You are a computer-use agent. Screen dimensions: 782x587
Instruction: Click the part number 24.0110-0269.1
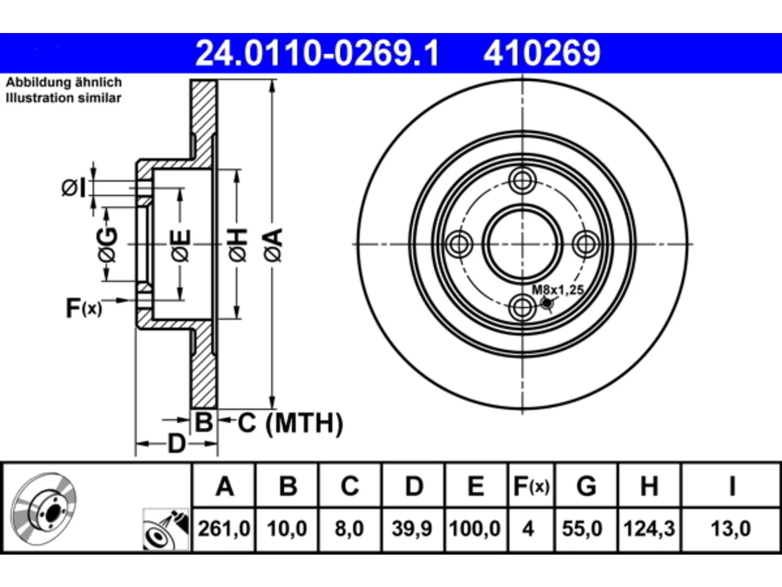tap(317, 53)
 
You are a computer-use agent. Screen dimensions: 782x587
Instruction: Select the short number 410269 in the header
tap(542, 53)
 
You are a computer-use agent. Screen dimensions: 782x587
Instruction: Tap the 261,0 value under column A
tap(224, 528)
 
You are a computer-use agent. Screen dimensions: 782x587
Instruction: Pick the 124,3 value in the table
tap(649, 528)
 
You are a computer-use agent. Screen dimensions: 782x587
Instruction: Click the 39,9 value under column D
tap(412, 528)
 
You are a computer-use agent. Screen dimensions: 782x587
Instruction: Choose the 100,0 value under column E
tap(475, 528)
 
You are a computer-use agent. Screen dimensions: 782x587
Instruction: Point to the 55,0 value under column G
tap(582, 528)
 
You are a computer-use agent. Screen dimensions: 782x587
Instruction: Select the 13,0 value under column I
tap(731, 528)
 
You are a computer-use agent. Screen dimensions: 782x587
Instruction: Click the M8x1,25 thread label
tap(558, 290)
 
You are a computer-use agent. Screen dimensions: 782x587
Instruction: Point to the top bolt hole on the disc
tap(522, 181)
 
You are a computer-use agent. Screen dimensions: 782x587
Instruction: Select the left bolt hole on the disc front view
tap(459, 244)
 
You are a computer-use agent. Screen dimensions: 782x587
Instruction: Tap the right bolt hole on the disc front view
tap(586, 244)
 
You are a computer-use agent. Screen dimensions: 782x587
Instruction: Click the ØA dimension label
tap(273, 245)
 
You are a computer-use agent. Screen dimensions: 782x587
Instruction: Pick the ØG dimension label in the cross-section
tap(108, 245)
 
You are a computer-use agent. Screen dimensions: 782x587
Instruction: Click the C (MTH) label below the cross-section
tap(290, 423)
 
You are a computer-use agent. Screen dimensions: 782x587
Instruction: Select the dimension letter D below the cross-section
tap(177, 444)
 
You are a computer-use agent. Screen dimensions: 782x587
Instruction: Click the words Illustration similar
tap(64, 98)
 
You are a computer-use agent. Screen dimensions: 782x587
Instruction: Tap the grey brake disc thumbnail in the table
tap(43, 509)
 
